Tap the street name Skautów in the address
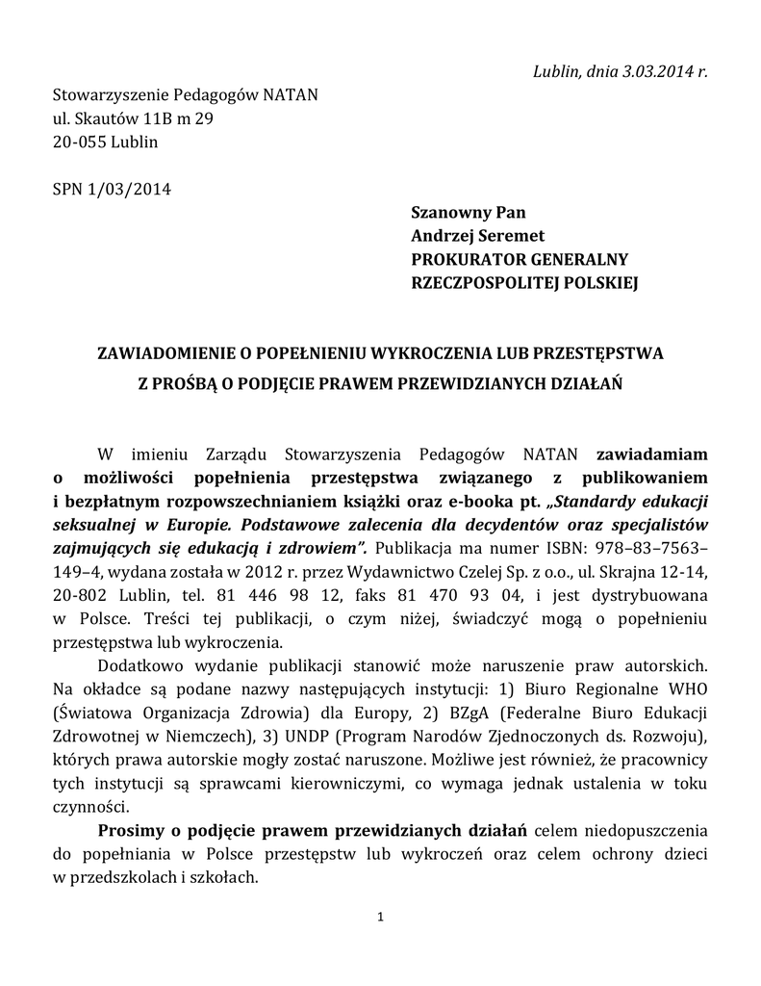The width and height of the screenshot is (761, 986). click(108, 118)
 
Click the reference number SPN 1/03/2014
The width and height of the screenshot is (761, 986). click(111, 189)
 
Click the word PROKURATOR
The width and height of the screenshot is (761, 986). click(470, 259)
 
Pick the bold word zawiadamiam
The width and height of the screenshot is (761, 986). click(653, 454)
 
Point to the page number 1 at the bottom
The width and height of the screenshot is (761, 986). click(381, 917)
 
